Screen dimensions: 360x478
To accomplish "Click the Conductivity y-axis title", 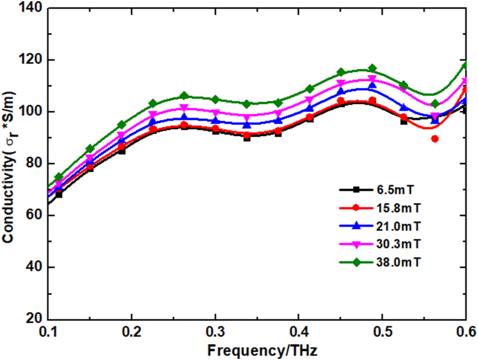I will tap(8, 163).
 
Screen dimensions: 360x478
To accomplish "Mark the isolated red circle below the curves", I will tap(435, 139).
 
